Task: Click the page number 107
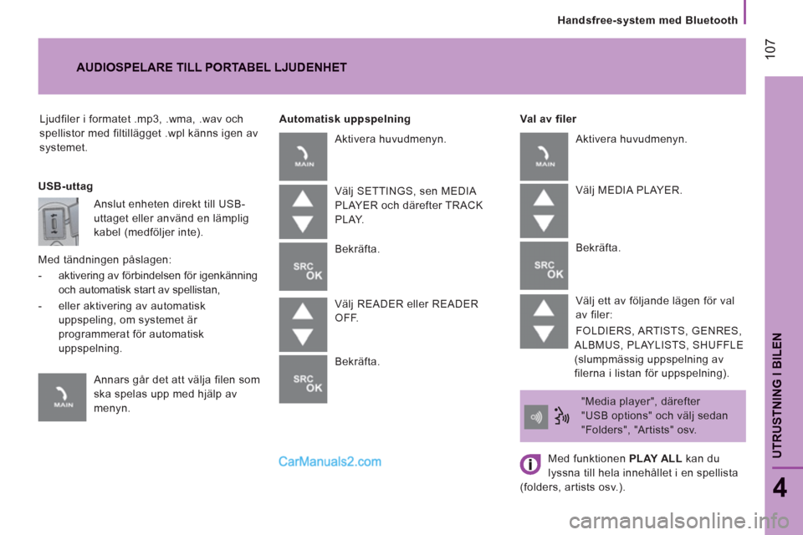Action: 770,48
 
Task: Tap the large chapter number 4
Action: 780,487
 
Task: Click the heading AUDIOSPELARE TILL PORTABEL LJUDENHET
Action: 212,68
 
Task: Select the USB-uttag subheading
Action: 65,186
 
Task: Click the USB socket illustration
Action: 59,222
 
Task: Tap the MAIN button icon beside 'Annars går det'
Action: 62,397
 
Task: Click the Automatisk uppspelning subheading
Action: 345,119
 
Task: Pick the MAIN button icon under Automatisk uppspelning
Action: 303,156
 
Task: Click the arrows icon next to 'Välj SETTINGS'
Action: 303,211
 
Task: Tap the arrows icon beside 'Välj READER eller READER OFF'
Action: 303,324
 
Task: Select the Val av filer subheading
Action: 548,119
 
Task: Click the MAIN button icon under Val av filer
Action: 544,156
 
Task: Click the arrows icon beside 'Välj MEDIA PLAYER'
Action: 544,211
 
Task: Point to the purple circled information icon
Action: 530,464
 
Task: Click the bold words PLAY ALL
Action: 655,458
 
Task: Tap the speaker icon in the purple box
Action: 535,417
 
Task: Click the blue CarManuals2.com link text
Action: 330,461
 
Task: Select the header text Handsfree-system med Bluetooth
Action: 647,20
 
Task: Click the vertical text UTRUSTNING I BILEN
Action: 777,395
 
